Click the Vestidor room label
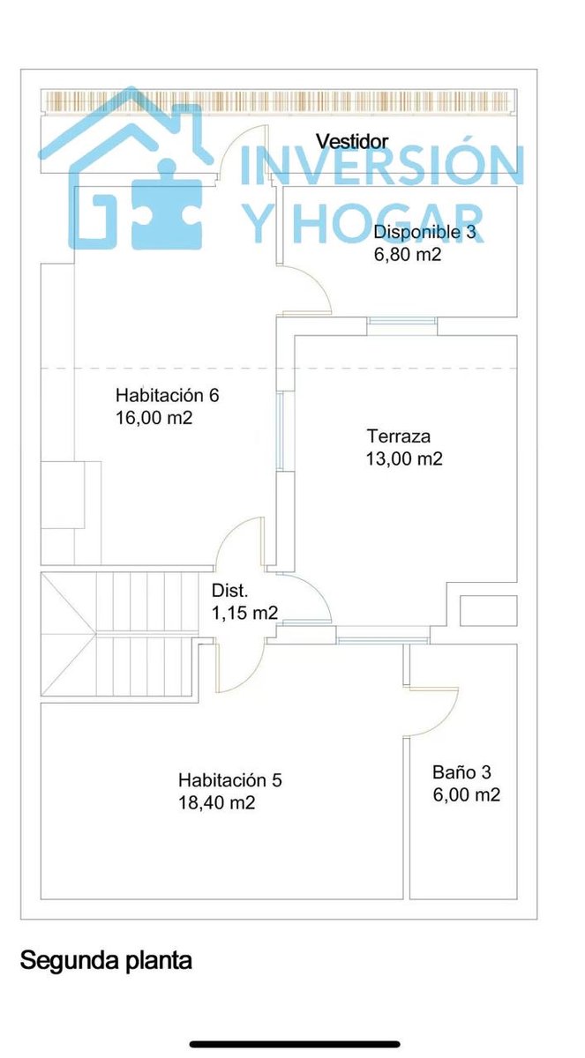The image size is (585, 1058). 352,141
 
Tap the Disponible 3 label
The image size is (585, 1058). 424,232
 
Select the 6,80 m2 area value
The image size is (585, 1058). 408,255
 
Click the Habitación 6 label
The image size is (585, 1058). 168,395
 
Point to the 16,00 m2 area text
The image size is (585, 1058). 154,418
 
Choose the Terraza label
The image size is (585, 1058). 398,436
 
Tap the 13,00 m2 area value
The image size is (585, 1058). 404,458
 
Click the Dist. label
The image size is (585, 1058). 229,591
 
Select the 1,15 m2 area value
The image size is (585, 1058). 244,613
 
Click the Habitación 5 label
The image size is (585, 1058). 229,779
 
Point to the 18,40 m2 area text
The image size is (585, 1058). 216,802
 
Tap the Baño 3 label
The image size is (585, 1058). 461,772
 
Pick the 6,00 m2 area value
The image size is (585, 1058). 467,794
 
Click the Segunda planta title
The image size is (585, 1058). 106,960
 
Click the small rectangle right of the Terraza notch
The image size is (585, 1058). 488,611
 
